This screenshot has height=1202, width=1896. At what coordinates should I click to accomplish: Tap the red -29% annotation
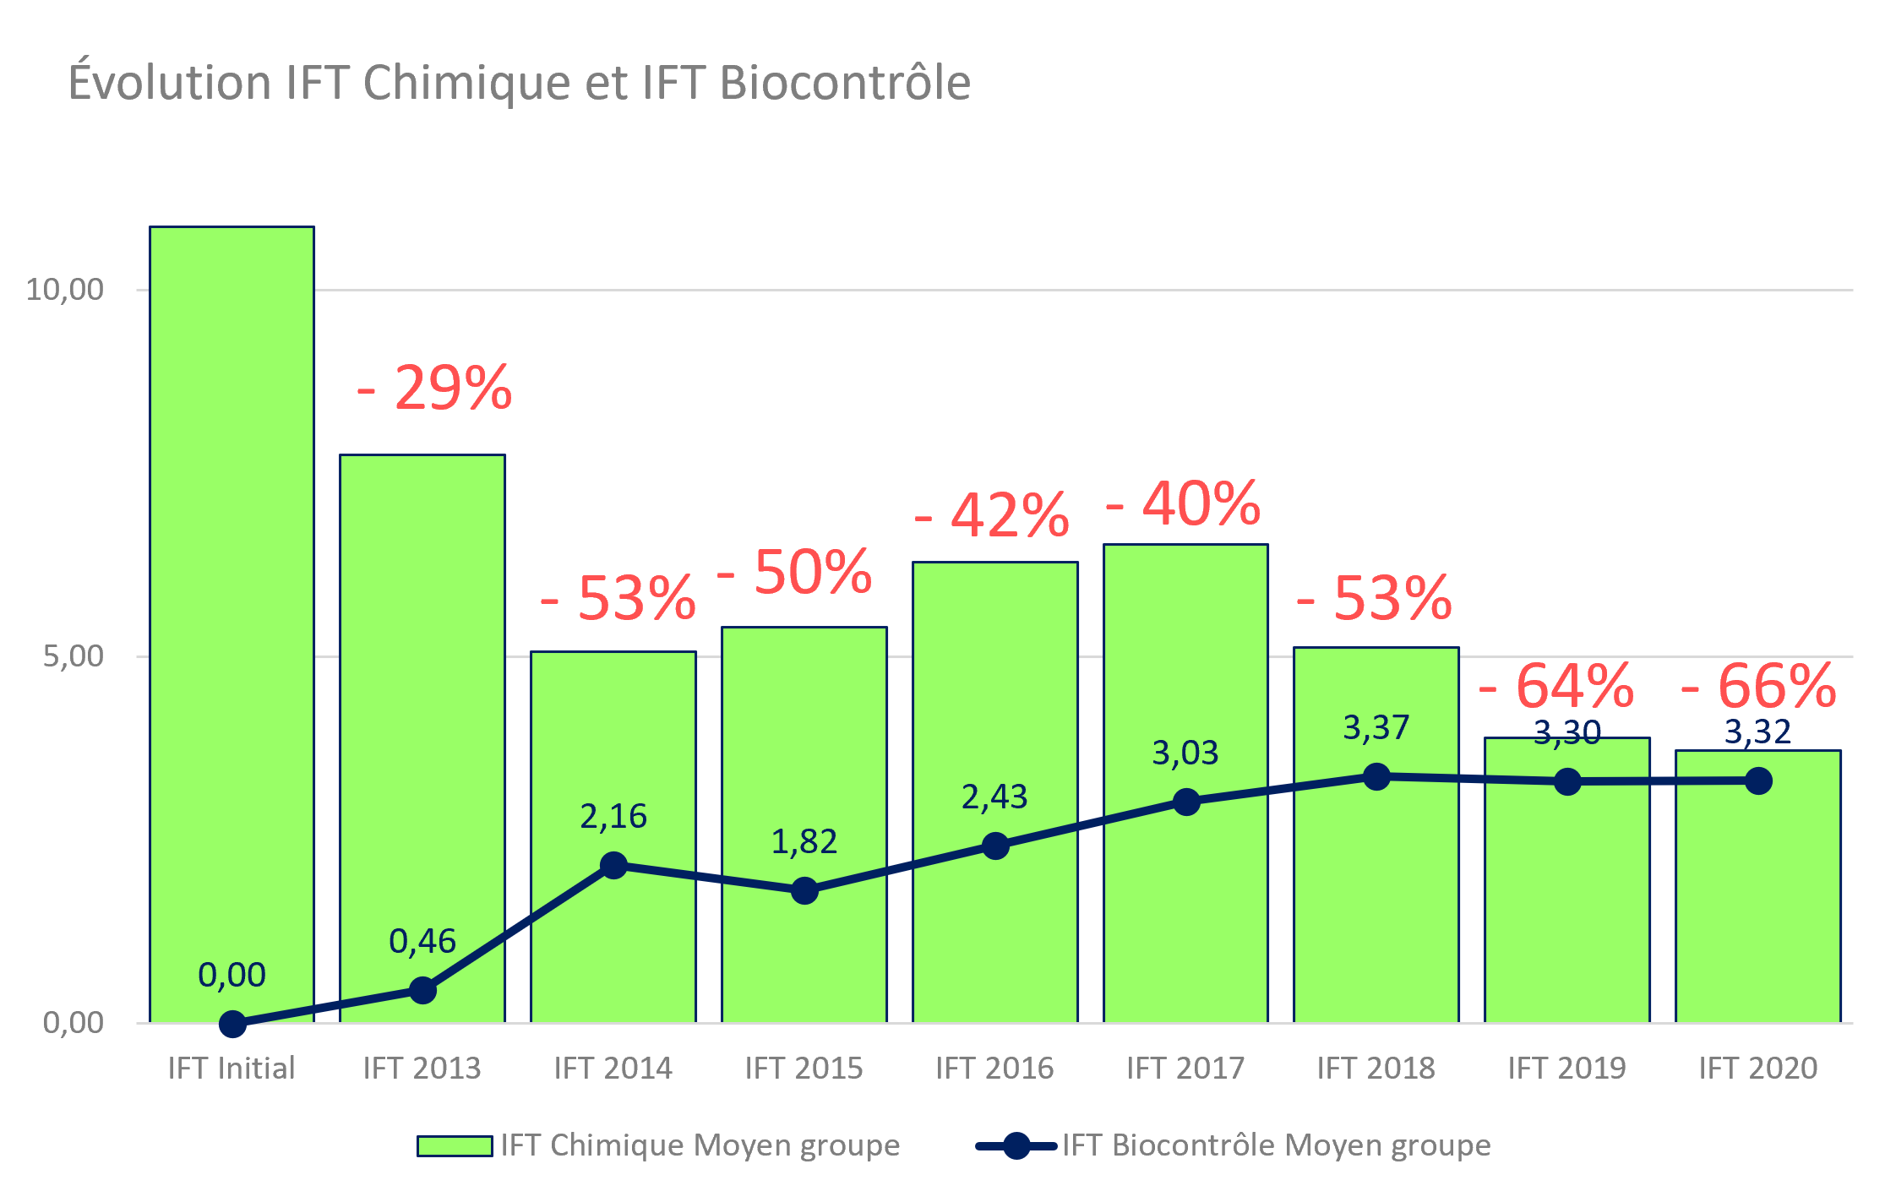click(435, 389)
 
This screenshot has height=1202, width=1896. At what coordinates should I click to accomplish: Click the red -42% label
click(993, 515)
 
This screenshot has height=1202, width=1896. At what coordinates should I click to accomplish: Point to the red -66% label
click(1759, 686)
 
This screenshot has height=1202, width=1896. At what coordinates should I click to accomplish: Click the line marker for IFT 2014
click(613, 865)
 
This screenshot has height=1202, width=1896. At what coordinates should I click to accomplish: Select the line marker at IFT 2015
click(804, 890)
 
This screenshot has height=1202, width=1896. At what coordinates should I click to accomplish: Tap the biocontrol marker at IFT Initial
click(232, 1024)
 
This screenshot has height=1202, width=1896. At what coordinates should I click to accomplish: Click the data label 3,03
click(1185, 753)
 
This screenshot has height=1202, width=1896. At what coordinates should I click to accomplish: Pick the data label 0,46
click(422, 941)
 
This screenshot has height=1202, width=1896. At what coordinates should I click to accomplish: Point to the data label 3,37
click(1376, 727)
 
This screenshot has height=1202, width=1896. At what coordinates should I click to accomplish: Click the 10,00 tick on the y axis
click(64, 290)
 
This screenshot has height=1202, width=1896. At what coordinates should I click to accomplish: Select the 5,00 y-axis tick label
click(73, 656)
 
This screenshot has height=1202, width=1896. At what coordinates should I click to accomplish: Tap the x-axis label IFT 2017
click(1185, 1069)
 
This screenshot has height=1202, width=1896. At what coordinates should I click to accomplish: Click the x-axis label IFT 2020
click(1758, 1069)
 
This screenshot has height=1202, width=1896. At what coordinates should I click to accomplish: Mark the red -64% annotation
click(1557, 686)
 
